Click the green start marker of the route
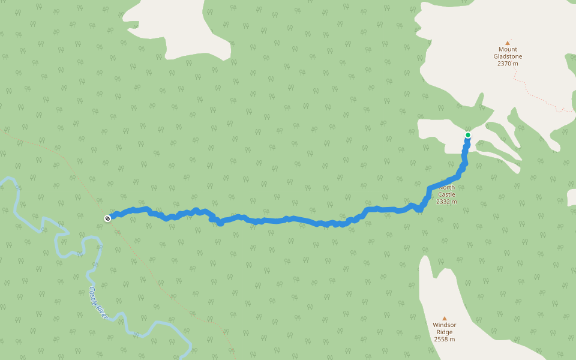coord(468,135)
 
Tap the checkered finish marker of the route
coord(107,218)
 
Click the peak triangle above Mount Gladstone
coord(507,43)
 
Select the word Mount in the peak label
coord(507,49)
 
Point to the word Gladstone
coord(507,56)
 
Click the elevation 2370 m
coord(507,64)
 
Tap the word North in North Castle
coord(447,187)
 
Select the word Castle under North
coord(446,194)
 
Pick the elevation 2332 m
coord(446,202)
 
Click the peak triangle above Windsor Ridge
coord(445,318)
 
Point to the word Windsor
coord(445,325)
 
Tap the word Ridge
coord(445,332)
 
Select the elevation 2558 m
coord(445,339)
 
